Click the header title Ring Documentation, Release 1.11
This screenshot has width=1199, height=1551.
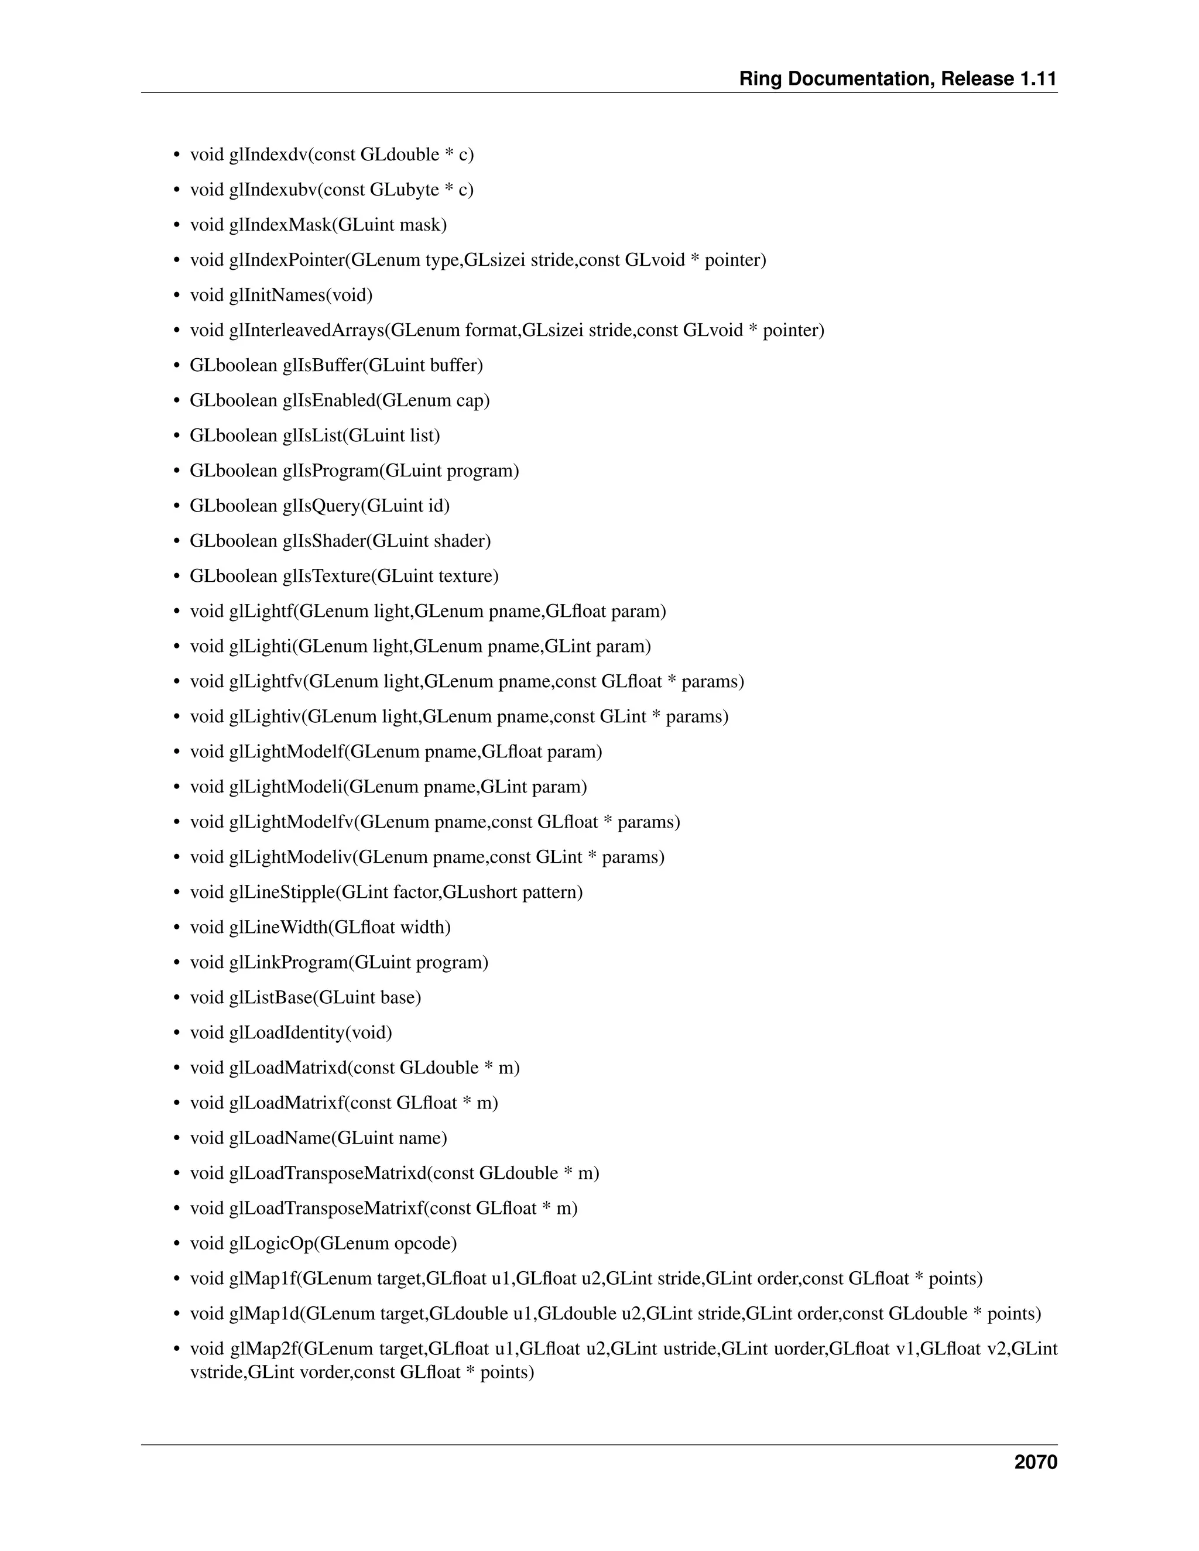[898, 79]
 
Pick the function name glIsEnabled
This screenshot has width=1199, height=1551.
[329, 400]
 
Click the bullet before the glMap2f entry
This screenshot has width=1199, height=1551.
[177, 1349]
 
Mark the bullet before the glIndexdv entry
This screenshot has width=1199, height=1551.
[177, 155]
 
